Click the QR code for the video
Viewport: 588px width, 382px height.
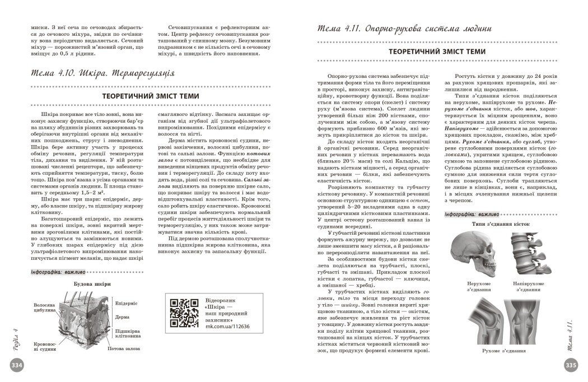(183, 312)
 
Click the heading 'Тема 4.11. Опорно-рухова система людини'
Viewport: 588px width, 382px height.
(404, 27)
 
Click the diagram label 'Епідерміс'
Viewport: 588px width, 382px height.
(126, 303)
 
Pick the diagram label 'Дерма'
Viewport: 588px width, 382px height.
(122, 316)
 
